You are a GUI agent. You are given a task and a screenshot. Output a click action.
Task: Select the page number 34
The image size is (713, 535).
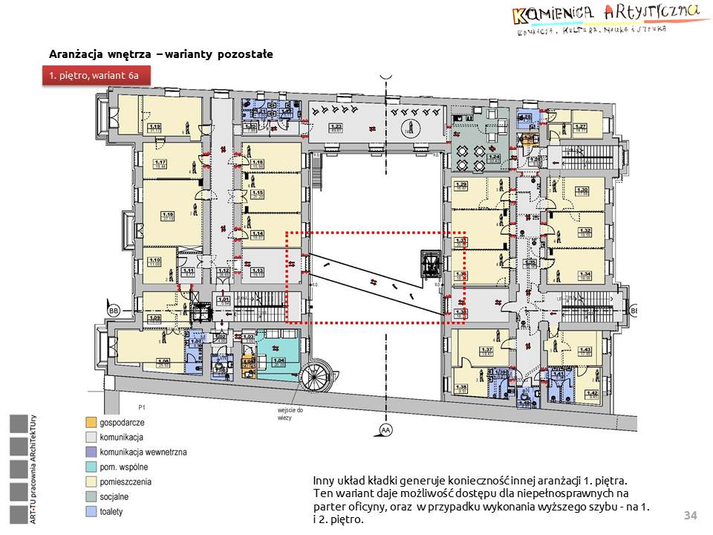(691, 516)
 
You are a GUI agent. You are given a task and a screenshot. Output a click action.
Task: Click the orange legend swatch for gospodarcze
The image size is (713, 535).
(91, 422)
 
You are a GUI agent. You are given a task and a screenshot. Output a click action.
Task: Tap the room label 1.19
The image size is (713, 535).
(155, 126)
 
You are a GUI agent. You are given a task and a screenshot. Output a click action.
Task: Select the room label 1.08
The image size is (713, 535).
(163, 362)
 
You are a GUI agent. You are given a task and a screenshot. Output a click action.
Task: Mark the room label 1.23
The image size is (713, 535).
(336, 127)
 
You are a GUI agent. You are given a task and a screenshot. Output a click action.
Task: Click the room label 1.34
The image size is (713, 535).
(585, 274)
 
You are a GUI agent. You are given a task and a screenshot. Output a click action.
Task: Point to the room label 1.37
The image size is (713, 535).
(487, 351)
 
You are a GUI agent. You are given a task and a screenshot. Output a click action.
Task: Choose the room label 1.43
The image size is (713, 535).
(585, 351)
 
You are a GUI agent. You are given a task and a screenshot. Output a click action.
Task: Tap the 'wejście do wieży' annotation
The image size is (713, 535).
(286, 413)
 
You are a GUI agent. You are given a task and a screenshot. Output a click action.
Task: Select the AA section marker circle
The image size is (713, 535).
(385, 429)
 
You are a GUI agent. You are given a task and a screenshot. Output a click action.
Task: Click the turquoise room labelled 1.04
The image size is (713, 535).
(279, 362)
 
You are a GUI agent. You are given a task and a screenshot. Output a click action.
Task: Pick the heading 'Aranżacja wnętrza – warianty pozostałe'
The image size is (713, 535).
(160, 54)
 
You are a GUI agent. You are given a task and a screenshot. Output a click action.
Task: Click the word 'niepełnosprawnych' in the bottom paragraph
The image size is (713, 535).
(579, 492)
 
